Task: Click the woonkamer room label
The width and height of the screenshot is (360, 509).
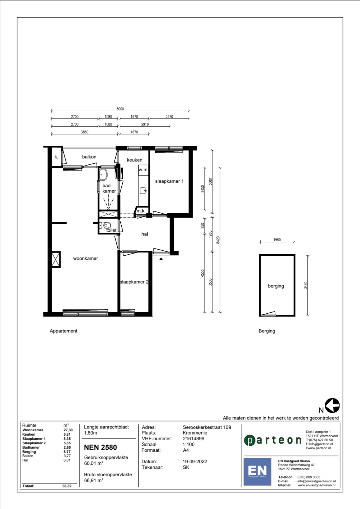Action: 86,258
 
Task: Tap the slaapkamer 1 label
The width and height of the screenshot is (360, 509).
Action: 169,181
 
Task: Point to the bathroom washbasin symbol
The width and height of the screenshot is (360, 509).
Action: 103,174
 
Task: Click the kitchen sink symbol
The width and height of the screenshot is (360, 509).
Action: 143,190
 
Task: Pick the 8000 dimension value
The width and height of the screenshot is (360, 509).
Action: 120,109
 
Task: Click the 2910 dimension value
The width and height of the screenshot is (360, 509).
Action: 145,124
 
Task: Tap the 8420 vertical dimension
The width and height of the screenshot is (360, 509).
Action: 218,240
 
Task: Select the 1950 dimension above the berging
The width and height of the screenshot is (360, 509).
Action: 277,240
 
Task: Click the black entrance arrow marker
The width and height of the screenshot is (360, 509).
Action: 161,259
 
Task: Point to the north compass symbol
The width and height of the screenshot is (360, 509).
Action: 332,405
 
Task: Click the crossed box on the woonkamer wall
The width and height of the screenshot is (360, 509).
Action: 56,259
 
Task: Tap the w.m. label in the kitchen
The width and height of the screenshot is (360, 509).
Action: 143,169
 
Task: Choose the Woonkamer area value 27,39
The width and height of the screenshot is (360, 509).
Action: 68,430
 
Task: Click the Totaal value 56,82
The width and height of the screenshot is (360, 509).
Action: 67,486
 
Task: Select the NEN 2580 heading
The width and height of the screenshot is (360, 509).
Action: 100,447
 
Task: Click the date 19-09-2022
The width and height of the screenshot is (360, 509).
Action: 195,462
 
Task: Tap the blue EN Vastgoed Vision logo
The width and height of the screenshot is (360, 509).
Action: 257,472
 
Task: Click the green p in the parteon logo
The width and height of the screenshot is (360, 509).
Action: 249,441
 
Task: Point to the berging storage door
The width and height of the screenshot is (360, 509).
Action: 268,314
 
